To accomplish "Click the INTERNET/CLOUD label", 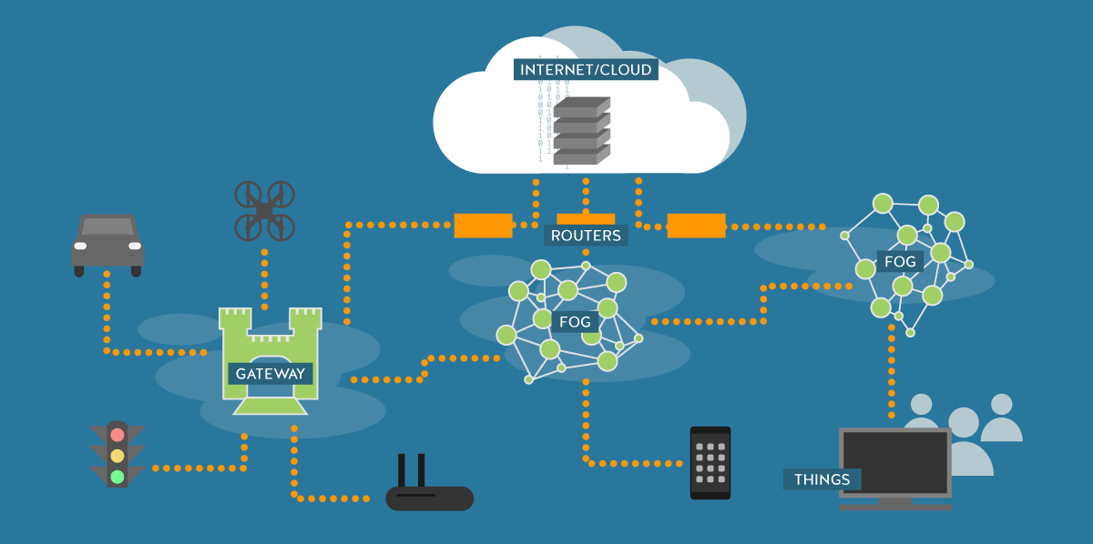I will (586, 69).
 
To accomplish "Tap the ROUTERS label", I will (586, 236).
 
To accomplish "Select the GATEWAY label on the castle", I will (270, 373).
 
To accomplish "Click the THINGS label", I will (822, 479).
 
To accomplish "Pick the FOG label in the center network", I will (575, 321).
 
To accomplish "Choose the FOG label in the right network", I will (900, 262).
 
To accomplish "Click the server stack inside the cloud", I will (581, 131).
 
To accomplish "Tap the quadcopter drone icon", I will (264, 210).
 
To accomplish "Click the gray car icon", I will (107, 244).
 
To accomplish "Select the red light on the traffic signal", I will (117, 435).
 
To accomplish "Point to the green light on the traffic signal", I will (117, 476).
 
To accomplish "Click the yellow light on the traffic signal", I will (117, 456).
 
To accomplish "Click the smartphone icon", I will (710, 462).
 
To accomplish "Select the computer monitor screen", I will (894, 462).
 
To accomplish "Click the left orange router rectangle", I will (483, 226).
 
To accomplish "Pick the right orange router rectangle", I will (696, 226).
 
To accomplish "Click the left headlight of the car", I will (81, 246).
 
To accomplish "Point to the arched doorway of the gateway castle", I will (270, 358).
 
